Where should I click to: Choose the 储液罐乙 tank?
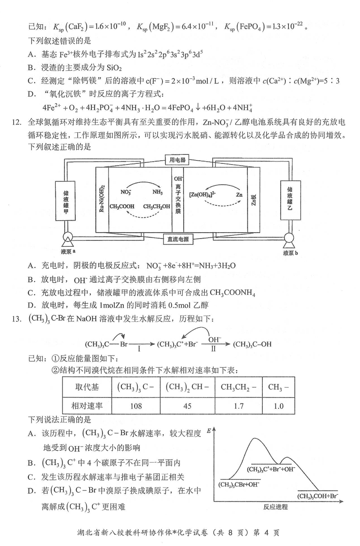coord(290,199)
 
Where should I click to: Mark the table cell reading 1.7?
coord(239,406)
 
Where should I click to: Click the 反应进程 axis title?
coord(275,506)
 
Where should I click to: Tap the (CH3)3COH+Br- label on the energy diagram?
coord(318,496)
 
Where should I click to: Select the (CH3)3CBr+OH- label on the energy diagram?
coord(239,485)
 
